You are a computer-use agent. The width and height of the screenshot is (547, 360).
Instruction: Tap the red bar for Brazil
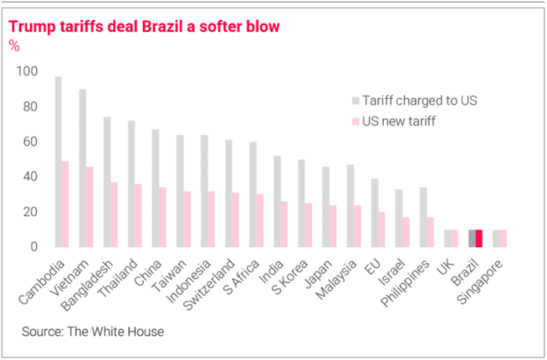point(479,238)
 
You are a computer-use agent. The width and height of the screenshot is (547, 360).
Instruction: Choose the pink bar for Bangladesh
point(115,214)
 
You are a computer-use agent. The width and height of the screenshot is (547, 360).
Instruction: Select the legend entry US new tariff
point(398,119)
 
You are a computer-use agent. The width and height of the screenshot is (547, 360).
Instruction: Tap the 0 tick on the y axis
point(34,247)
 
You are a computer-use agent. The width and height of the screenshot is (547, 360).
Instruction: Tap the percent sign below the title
point(14,46)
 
